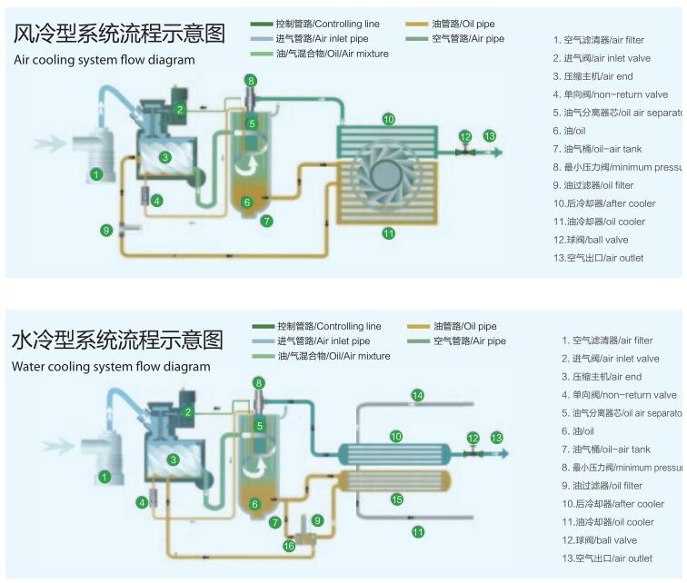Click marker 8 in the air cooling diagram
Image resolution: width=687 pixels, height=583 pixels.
point(251,81)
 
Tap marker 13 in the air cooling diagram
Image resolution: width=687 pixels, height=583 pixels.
point(490,136)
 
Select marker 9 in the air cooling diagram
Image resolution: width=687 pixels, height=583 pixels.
point(107,231)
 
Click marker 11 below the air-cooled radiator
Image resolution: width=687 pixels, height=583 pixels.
point(389,233)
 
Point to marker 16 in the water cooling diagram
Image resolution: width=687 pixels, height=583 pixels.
point(289,546)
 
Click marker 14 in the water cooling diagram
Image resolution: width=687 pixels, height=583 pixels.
point(418,395)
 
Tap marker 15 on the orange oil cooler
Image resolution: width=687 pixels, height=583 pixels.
point(396,499)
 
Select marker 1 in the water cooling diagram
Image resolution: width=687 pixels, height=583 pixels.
point(105,476)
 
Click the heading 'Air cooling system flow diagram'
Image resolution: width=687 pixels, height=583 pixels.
point(104,60)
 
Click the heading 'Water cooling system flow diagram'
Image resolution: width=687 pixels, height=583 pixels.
point(111,367)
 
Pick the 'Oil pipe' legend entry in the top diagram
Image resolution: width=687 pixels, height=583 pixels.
point(463,24)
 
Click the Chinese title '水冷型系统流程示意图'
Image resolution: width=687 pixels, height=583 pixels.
point(117,341)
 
